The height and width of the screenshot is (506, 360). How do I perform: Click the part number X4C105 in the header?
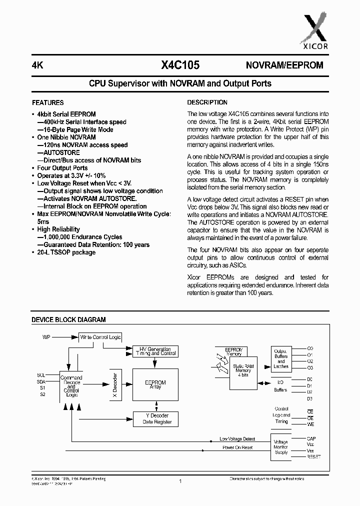coord(180,65)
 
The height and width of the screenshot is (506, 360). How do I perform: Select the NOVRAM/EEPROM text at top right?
coord(284,65)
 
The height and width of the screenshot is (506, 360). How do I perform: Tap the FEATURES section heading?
coord(47,102)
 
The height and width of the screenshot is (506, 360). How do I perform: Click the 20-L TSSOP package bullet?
coord(66,252)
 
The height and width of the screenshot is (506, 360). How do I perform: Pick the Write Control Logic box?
coord(100,337)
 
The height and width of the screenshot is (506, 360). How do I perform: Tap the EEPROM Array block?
coord(155,384)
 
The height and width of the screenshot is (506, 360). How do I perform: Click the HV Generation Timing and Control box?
coord(155,351)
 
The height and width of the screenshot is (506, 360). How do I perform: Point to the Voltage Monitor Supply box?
coord(281,447)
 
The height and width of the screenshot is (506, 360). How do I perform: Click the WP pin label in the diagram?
coord(46,337)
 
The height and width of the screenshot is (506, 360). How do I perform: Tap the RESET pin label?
coord(313,457)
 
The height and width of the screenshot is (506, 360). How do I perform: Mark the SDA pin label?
coord(41,381)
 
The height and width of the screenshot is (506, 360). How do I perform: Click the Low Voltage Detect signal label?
coord(237,439)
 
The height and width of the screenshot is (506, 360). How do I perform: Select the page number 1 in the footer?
coord(179,481)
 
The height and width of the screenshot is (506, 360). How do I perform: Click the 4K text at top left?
coord(37,65)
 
